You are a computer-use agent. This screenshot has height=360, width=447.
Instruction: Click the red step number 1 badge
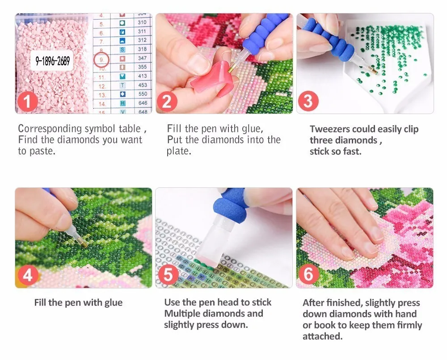(x=27, y=102)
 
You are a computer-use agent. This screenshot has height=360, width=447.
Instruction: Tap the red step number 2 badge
(x=167, y=102)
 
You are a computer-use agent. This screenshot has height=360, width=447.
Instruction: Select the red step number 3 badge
(x=308, y=101)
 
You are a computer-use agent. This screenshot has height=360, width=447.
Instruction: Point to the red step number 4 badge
(x=27, y=275)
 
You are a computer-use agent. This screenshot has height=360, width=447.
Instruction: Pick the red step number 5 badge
(x=168, y=275)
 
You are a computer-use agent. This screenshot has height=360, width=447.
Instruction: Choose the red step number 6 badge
(x=308, y=274)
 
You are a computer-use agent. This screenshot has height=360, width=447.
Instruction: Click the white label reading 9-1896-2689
(x=52, y=60)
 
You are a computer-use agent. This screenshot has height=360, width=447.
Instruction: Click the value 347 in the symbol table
(x=142, y=58)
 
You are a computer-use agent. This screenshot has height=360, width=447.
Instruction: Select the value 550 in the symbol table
(x=143, y=94)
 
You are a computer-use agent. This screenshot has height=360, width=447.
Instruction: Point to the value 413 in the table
(x=142, y=76)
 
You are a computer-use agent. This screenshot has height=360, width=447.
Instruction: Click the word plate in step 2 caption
(x=178, y=151)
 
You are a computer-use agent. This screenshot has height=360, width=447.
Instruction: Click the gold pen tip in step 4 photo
(x=84, y=244)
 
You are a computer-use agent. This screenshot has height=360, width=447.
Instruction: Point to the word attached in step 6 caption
(x=322, y=337)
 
